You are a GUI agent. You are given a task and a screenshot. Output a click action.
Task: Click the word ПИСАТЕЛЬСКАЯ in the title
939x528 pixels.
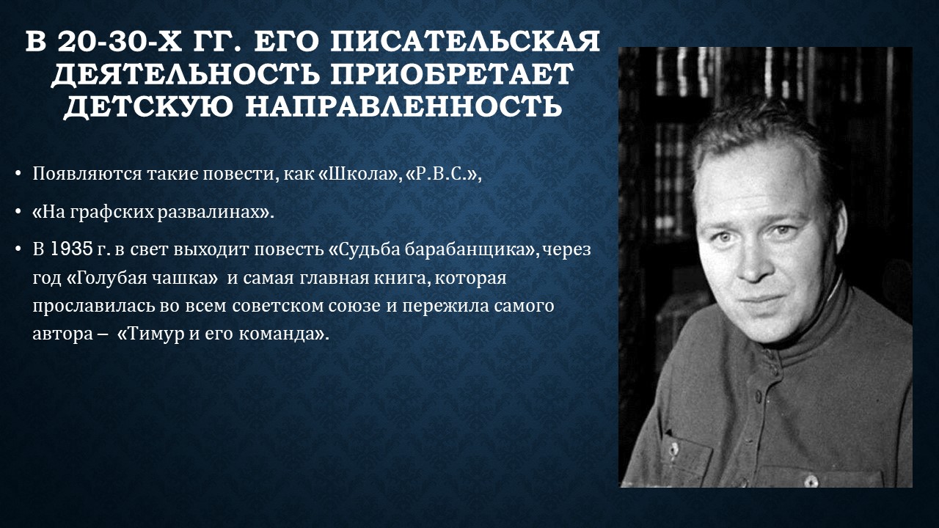coord(467,42)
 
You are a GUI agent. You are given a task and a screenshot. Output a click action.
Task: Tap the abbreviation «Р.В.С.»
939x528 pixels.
coord(442,174)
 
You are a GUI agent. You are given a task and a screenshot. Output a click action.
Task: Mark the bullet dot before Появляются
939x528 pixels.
coord(18,174)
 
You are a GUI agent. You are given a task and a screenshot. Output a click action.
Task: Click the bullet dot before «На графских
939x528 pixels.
coord(18,212)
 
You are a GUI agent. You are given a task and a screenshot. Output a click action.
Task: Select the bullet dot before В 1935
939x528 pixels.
coord(18,250)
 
